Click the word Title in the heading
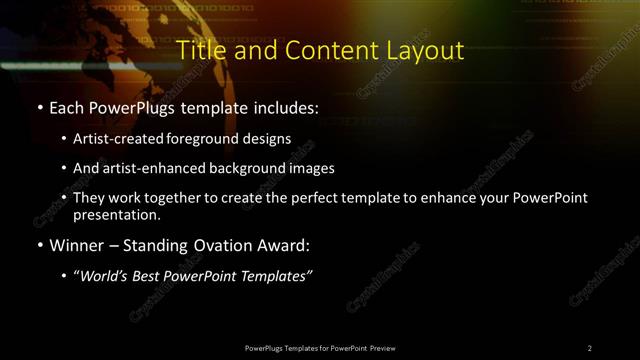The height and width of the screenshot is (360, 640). pyautogui.click(x=199, y=51)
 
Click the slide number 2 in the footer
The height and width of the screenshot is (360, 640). pyautogui.click(x=590, y=347)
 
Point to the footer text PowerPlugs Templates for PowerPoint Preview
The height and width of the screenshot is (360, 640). pyautogui.click(x=320, y=347)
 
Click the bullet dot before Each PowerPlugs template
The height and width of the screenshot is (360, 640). pyautogui.click(x=38, y=107)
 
